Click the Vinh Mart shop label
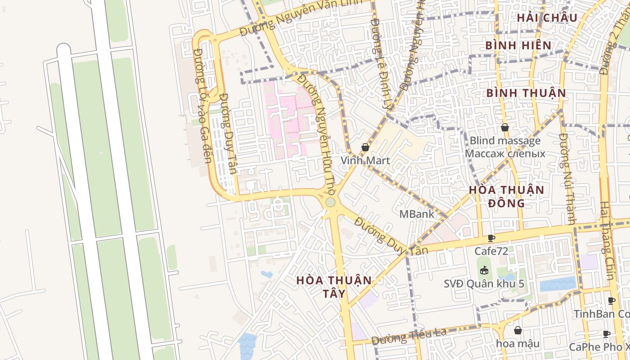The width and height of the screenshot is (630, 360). tap(365, 160)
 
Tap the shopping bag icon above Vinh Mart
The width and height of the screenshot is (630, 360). tap(365, 147)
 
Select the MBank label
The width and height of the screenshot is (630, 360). tap(417, 214)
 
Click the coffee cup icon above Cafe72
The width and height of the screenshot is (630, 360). tap(491, 238)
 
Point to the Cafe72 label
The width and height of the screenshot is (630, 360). tap(491, 251)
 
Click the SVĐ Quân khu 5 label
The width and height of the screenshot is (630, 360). tap(484, 284)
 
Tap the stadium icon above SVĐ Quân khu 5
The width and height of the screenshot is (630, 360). tap(484, 270)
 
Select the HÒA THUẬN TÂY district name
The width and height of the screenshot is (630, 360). tap(334, 287)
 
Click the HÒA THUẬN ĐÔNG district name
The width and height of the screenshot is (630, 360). tap(507, 196)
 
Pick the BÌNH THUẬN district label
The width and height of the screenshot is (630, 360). tap(526, 93)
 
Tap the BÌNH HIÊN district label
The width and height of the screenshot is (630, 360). tap(518, 45)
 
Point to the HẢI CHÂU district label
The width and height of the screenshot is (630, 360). tap(547, 18)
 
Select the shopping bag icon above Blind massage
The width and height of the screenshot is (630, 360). tap(504, 127)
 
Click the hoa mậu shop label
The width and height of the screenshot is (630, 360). tap(517, 344)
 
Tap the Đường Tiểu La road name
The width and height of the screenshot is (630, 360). tap(409, 336)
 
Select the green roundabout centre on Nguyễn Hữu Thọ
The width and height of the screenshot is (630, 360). tap(331, 202)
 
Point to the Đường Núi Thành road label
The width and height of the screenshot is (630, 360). tap(568, 178)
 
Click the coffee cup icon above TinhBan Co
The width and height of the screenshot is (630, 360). tap(611, 301)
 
